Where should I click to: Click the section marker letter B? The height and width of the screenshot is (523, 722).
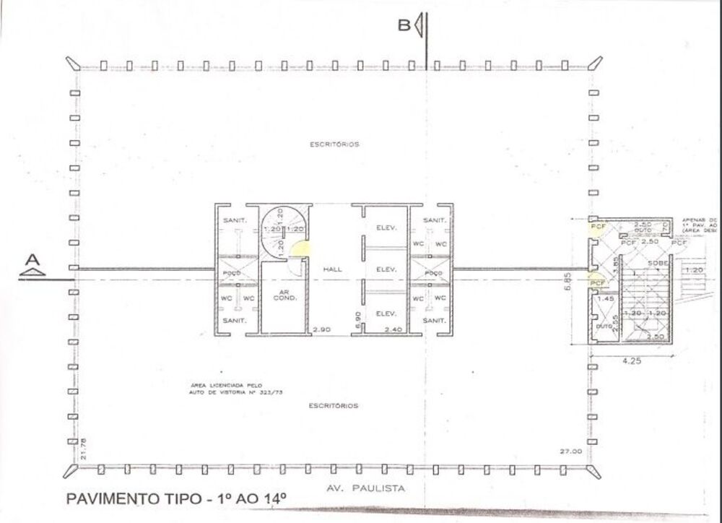404,26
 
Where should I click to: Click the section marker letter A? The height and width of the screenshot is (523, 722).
31,259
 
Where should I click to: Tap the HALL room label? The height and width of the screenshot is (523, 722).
333,269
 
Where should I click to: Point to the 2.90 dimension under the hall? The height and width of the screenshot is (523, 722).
321,329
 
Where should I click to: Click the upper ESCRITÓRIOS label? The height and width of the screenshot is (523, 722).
334,144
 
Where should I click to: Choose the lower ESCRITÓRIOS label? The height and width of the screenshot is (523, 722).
333,405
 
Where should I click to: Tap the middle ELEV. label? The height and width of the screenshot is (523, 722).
383,269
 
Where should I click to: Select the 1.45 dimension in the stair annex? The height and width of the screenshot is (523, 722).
606,298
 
